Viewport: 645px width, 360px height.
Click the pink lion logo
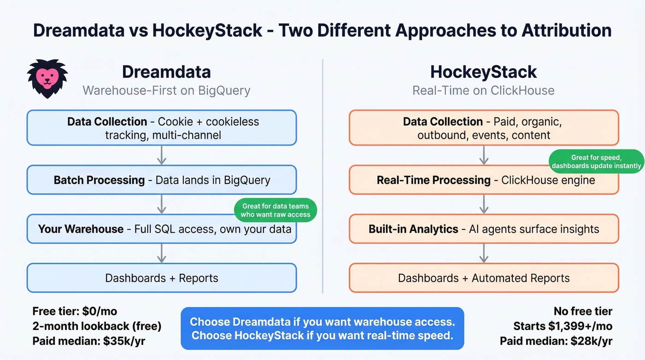point(47,78)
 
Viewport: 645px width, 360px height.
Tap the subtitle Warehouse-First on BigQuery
point(166,90)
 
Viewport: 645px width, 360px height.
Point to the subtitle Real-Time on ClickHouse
point(483,90)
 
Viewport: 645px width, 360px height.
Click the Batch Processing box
point(162,180)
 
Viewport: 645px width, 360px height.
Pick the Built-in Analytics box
point(484,229)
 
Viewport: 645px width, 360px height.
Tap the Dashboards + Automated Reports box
point(484,278)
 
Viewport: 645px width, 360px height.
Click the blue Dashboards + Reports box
point(162,278)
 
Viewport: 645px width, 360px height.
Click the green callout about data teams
point(276,210)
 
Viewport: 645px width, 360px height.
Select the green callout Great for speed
point(596,161)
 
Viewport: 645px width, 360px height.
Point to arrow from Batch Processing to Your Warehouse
point(162,204)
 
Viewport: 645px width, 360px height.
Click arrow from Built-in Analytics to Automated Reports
point(484,253)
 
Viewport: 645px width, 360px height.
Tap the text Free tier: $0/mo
point(71,311)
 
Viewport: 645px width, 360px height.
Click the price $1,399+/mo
point(580,326)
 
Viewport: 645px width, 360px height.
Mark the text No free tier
point(583,311)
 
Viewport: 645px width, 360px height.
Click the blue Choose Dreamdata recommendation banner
point(322,328)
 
